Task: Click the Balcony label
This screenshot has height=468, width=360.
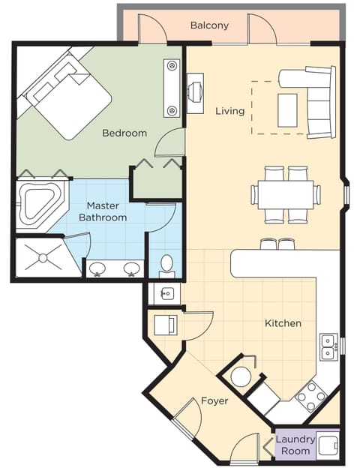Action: pos(209,25)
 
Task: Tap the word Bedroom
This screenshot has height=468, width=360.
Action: pos(124,133)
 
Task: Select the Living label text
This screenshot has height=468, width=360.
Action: pos(229,111)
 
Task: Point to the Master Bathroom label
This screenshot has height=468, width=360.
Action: pos(103,211)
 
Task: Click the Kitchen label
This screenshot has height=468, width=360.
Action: pos(283,323)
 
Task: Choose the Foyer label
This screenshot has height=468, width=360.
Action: pos(214,401)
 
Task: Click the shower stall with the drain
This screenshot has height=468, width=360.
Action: pos(42,258)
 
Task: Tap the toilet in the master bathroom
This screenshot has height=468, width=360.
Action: pos(166,265)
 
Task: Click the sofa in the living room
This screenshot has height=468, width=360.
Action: pos(315,101)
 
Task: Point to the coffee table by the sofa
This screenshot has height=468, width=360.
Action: pos(287,109)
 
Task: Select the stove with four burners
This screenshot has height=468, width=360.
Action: pos(310,395)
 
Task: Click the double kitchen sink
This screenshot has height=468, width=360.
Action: pos(328,346)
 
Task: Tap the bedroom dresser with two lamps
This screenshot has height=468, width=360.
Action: pos(172,88)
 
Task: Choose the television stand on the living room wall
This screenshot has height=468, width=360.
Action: pos(195,94)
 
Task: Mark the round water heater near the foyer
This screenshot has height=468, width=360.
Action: pos(241,376)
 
